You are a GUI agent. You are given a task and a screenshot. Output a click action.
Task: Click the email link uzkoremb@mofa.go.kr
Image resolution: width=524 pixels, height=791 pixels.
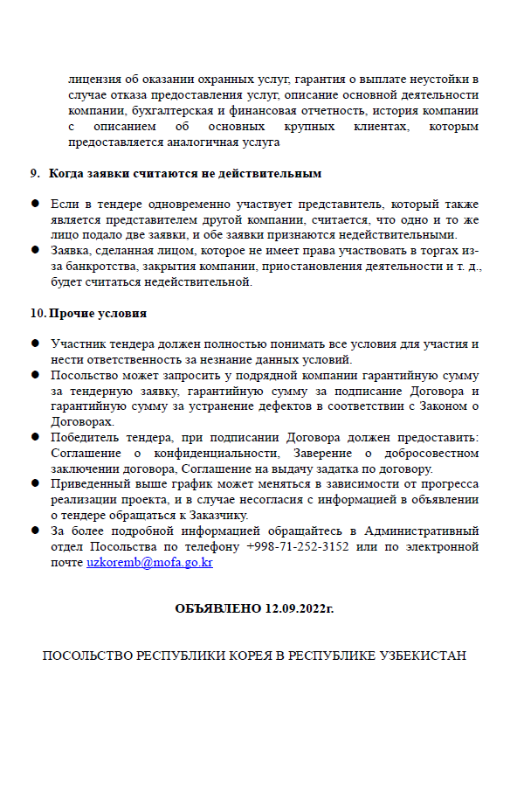point(149,563)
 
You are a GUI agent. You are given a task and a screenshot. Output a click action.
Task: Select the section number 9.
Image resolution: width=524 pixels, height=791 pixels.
point(35,174)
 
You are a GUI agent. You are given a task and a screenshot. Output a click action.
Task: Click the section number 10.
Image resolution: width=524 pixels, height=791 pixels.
point(38,313)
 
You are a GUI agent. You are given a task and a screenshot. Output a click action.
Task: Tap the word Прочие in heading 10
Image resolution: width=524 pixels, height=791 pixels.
point(74,313)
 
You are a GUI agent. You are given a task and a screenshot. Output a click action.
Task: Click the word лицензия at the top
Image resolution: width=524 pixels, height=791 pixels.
point(95,79)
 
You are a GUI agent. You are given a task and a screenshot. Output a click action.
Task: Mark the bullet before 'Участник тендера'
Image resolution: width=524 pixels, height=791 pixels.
point(36,344)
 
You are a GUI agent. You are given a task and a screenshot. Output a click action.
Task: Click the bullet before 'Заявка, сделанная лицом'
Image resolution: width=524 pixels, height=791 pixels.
point(36,250)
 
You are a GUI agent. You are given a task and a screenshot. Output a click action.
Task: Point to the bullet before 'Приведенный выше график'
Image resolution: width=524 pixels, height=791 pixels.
point(36,483)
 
